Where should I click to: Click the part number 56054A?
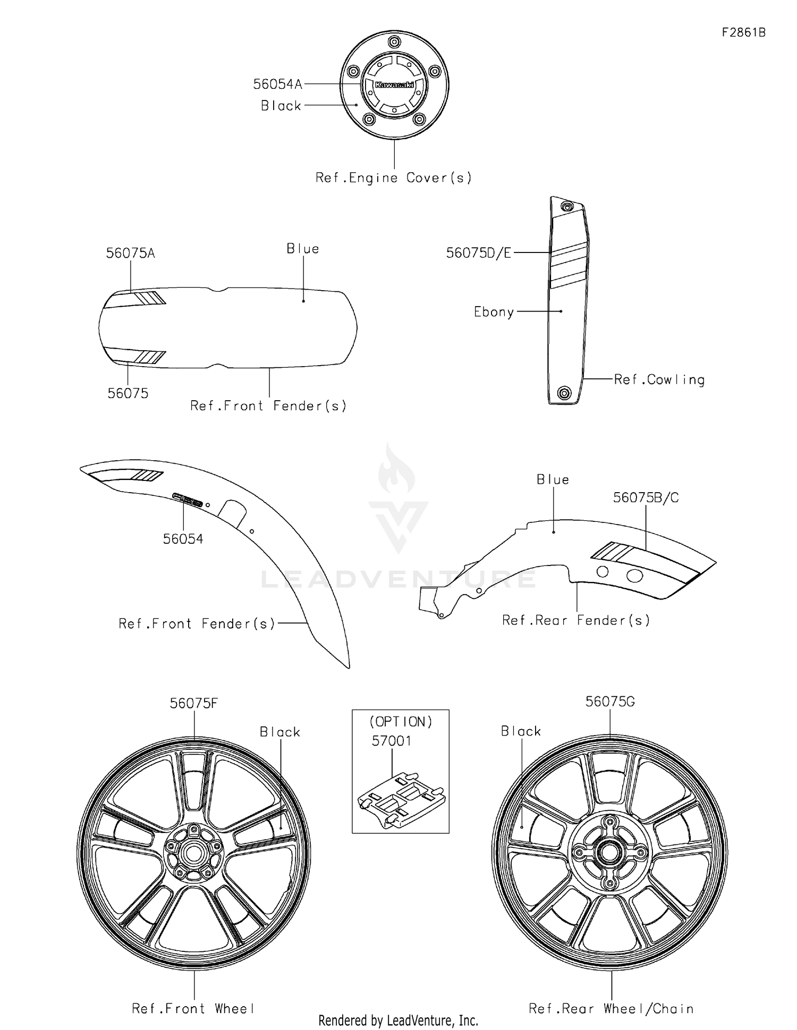[x=277, y=84]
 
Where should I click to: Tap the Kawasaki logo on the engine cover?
[x=394, y=85]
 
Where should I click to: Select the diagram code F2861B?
[x=743, y=32]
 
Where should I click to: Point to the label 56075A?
[x=130, y=254]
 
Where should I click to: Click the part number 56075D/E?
[x=478, y=254]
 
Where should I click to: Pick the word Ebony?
[x=494, y=312]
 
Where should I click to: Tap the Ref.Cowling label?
[x=659, y=379]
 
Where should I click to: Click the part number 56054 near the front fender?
[x=183, y=539]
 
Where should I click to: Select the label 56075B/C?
[x=646, y=498]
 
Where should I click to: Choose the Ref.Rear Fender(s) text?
[x=576, y=620]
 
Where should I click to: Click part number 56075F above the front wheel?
[x=194, y=703]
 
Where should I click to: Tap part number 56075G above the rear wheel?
[x=610, y=702]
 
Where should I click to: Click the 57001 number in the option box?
[x=392, y=741]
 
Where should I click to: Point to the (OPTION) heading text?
[x=401, y=722]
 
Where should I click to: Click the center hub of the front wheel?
[x=193, y=854]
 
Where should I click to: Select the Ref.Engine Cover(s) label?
[x=394, y=178]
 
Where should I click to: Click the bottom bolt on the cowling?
[x=564, y=393]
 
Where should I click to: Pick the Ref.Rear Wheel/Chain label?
[x=611, y=1009]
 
